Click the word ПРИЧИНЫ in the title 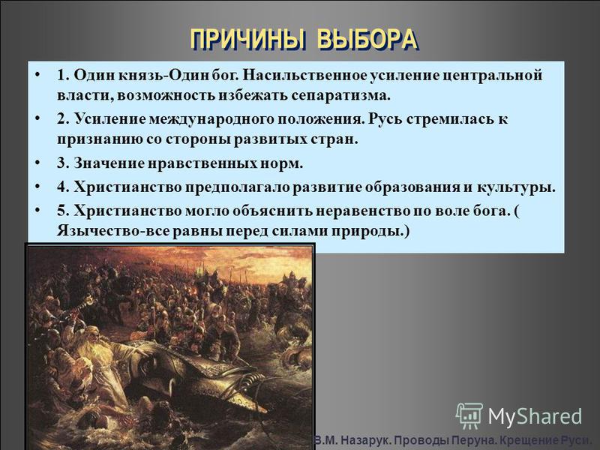click(248, 40)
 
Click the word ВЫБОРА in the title click(367, 40)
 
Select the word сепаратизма click(341, 95)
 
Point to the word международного click(211, 120)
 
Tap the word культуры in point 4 click(516, 188)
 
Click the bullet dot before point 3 click(37, 163)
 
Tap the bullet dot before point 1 click(37, 74)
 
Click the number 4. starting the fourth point click(63, 187)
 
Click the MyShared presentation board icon click(469, 415)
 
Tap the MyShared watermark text click(535, 416)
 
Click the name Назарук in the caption click(367, 440)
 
